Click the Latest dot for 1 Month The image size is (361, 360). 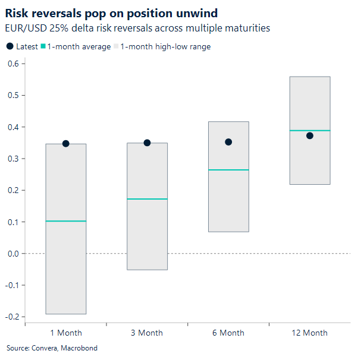click(66, 144)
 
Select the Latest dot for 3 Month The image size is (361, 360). click(147, 143)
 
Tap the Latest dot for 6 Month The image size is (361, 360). click(228, 142)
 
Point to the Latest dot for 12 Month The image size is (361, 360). click(310, 135)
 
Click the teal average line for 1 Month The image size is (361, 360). click(66, 221)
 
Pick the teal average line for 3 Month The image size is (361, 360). click(147, 198)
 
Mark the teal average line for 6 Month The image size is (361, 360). click(228, 170)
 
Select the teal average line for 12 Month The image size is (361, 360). click(310, 130)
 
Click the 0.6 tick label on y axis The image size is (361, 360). click(12, 64)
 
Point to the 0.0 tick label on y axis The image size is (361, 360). click(12, 254)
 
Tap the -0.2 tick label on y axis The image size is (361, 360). click(11, 317)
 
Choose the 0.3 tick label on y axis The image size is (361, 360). click(12, 159)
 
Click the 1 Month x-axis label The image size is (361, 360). click(65, 333)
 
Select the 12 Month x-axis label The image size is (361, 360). click(309, 333)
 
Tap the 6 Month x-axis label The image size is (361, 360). click(228, 333)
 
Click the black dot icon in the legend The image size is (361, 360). click(10, 47)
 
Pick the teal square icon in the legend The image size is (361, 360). click(43, 47)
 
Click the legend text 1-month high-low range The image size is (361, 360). click(165, 47)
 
